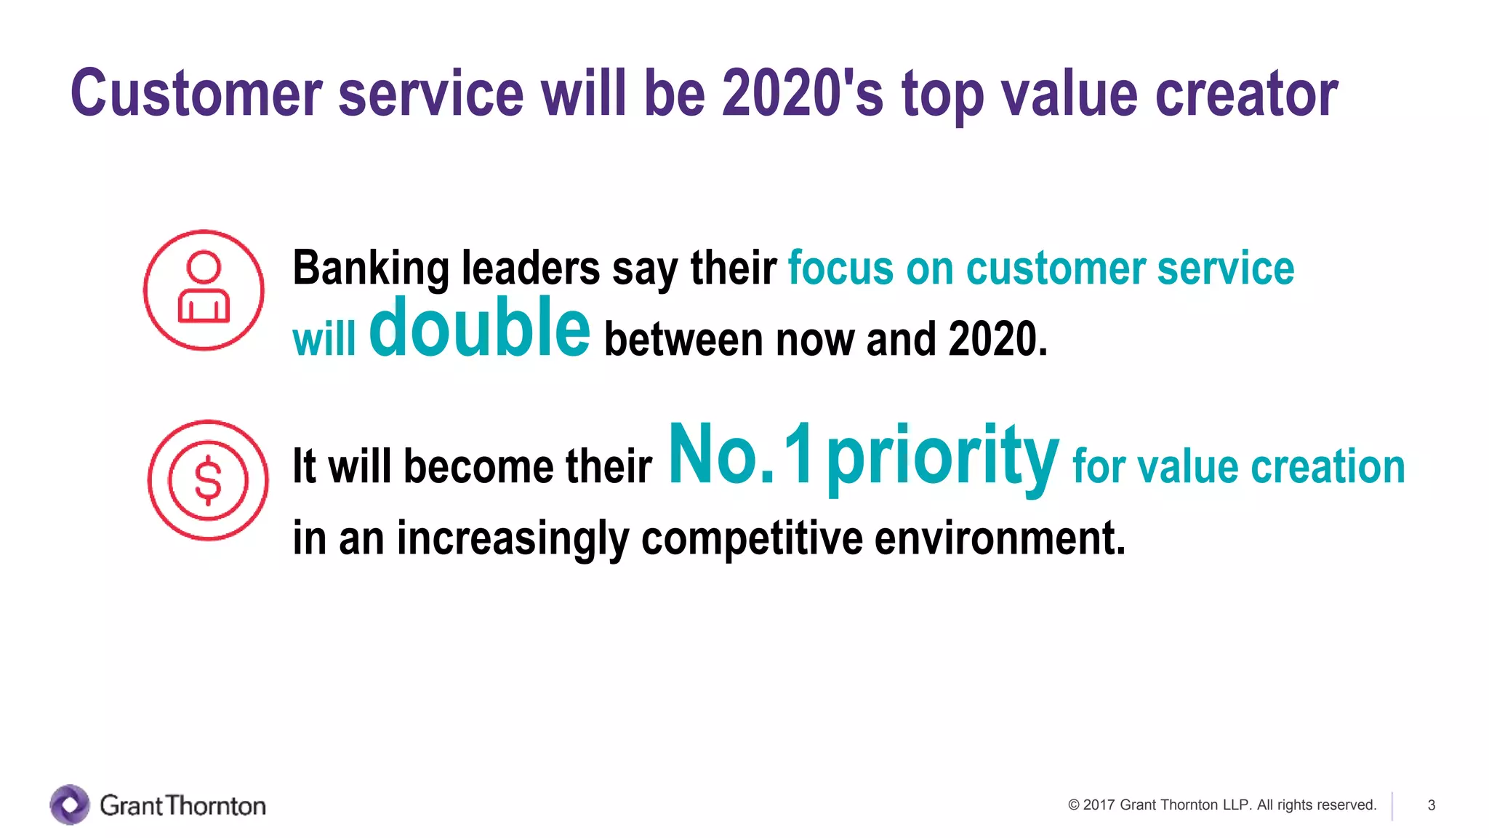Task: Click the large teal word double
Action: coord(479,329)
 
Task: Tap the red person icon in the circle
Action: coord(204,290)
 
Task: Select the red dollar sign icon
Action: coord(208,480)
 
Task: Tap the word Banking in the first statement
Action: coord(371,268)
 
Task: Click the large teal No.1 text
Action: coord(740,455)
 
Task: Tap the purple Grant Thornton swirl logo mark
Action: coord(70,805)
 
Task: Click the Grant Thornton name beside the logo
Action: coord(182,805)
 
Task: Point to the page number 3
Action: coord(1431,805)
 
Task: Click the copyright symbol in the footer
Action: coord(1073,805)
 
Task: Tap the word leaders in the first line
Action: coord(531,268)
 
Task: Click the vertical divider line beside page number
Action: coord(1392,806)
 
